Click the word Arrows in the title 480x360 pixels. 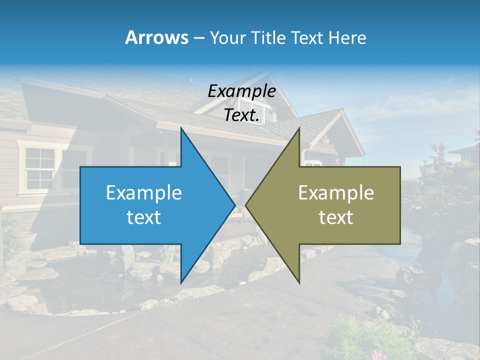[156, 37]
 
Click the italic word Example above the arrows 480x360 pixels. [241, 91]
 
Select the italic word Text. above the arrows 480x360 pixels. [241, 115]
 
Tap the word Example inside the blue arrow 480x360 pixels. [144, 192]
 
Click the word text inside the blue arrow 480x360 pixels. [144, 217]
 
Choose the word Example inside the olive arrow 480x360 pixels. [336, 192]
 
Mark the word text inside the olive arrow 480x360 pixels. [336, 217]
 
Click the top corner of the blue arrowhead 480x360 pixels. [181, 128]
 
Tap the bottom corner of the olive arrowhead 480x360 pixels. [299, 282]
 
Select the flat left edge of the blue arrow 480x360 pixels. [80, 205]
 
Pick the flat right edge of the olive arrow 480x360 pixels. [400, 205]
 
